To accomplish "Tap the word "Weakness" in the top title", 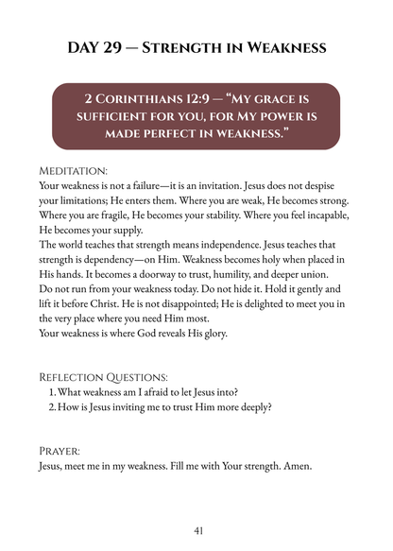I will point(281,47).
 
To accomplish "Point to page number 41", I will point(197,532).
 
